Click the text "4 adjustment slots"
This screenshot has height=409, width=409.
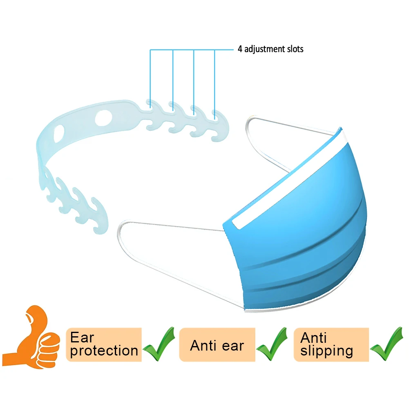(270, 49)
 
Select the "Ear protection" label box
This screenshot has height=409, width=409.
(104, 344)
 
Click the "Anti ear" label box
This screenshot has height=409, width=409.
(217, 345)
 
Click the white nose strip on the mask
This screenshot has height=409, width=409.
(286, 180)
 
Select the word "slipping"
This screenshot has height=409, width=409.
(326, 351)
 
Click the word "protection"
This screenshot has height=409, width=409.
(104, 351)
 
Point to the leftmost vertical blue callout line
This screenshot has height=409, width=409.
(150, 78)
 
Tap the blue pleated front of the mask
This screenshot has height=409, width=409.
(298, 237)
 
